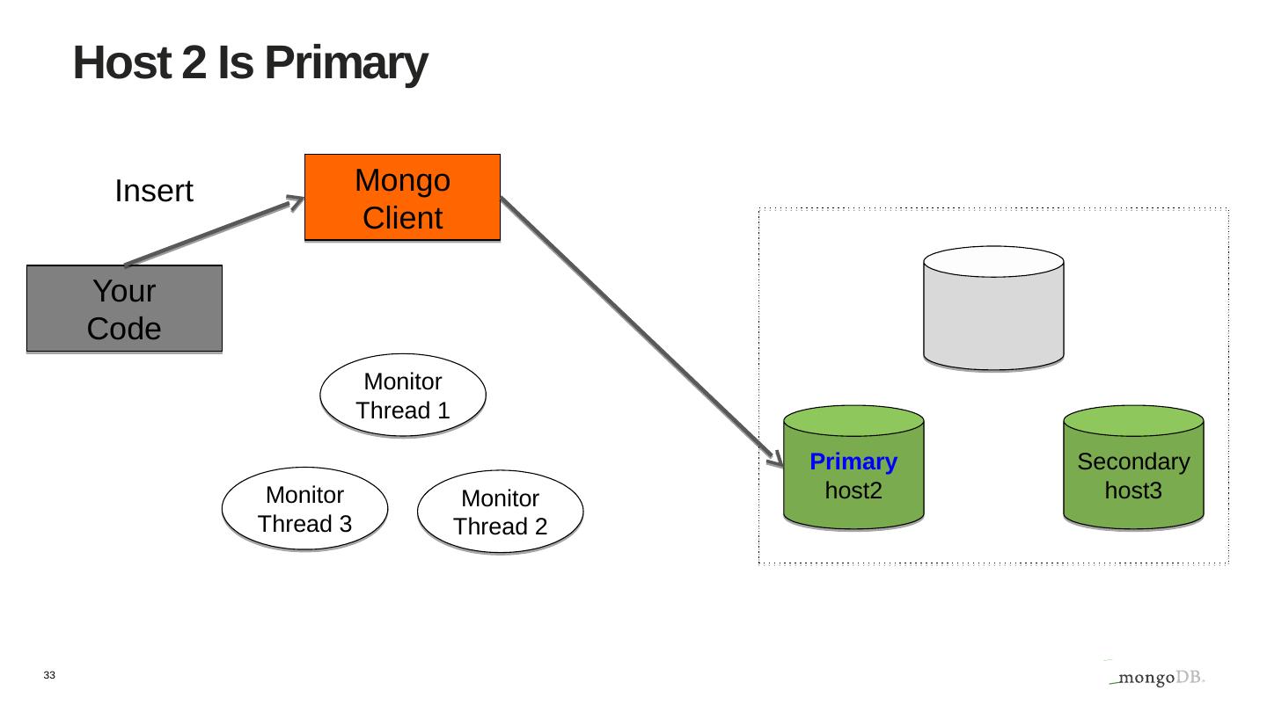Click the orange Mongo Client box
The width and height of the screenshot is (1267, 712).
tap(402, 198)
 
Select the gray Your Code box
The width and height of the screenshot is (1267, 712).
tap(124, 309)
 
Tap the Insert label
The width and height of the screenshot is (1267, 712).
tap(154, 192)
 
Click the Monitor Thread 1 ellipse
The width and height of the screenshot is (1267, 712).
tap(403, 396)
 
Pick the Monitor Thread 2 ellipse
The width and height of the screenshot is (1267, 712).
tap(500, 512)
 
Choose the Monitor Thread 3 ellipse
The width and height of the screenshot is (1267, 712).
tap(304, 509)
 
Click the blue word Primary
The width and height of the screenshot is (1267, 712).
tap(853, 461)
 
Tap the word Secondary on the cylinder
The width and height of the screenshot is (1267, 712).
tap(1133, 461)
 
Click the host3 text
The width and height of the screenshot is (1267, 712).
tap(1133, 490)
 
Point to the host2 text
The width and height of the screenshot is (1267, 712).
tap(853, 490)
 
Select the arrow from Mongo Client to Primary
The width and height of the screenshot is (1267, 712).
tap(641, 329)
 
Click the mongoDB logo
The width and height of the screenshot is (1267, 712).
tap(1156, 678)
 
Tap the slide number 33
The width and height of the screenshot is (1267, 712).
tap(48, 675)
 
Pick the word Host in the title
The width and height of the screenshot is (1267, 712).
tap(123, 63)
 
